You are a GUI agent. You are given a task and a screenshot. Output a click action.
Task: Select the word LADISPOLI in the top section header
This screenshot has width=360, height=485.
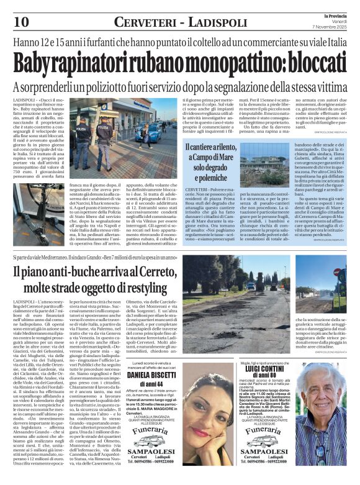(221, 23)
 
